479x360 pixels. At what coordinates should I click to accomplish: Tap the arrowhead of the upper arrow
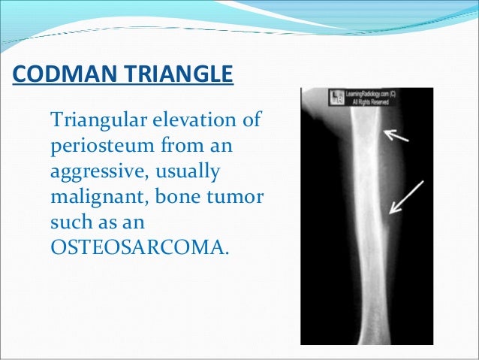pos(384,134)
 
